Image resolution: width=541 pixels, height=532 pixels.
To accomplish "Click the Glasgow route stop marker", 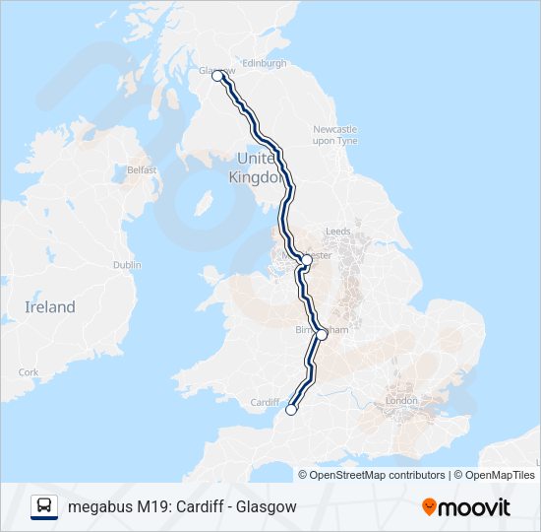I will (217, 76).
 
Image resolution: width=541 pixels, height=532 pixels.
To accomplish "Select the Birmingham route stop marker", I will (322, 335).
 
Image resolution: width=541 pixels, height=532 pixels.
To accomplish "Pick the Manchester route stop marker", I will (307, 260).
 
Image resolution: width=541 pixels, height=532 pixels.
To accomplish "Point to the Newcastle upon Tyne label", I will (334, 135).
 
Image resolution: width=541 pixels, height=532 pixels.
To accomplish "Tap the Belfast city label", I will (142, 169).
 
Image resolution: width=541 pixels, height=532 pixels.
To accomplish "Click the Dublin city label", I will (127, 265).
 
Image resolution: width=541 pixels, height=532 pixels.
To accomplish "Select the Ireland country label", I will (49, 307).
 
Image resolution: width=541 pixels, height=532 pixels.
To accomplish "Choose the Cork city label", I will (29, 372).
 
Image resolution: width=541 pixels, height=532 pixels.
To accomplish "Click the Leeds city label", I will (337, 232).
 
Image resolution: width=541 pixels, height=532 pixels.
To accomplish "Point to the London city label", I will (402, 401).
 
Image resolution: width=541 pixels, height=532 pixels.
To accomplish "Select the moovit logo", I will (466, 507).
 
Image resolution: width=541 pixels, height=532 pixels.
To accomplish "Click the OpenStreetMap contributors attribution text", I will (377, 475).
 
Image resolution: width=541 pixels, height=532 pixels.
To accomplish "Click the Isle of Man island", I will (206, 204).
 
